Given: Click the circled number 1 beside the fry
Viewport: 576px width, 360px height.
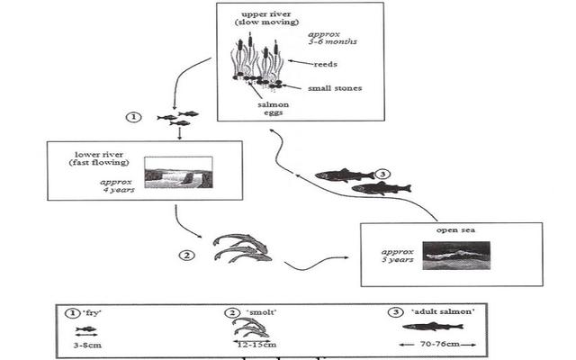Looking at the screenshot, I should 134,117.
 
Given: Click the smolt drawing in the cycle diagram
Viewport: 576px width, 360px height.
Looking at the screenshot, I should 238,248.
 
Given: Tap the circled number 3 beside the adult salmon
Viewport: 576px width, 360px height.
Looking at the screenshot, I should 382,174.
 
